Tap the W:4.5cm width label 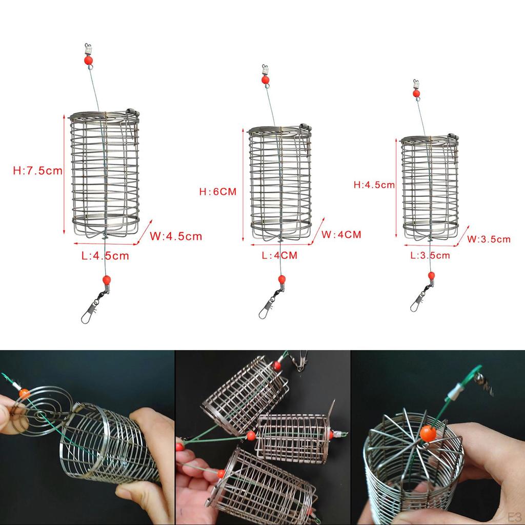coord(176,236)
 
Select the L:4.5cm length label coord(105,255)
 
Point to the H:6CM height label coord(218,192)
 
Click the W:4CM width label coord(341,234)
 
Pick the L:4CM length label coord(279,255)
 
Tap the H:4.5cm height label coord(374,185)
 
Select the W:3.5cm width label coord(489,239)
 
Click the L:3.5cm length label coord(430,255)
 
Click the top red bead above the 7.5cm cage coord(88,60)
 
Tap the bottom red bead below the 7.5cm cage coord(106,280)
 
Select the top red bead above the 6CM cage coord(265,80)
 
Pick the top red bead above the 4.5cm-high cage coord(416,93)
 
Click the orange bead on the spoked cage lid coord(428,433)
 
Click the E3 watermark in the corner coord(511,515)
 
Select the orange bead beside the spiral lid coord(24,394)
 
